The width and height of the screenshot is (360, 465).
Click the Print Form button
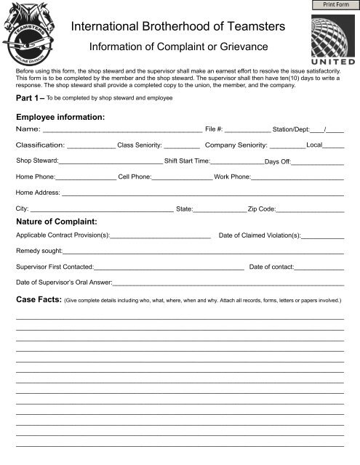[337, 6]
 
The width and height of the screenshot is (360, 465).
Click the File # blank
[247, 131]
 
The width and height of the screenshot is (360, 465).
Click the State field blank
[220, 211]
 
